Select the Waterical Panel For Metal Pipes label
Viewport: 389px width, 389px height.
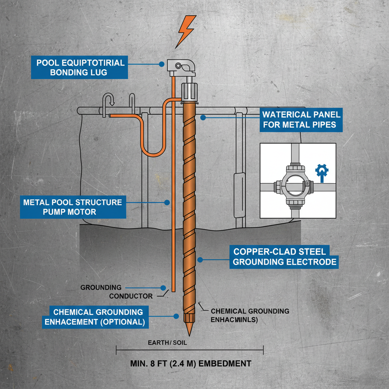301,119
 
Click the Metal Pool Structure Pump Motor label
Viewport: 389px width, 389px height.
72,207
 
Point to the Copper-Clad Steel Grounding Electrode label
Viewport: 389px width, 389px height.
284,256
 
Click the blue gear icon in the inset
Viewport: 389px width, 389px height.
322,171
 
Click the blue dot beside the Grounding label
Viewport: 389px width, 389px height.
163,288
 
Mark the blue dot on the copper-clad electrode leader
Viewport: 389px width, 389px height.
199,260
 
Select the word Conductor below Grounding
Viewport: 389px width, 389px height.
131,296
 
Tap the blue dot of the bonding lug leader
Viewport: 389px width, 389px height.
161,65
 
